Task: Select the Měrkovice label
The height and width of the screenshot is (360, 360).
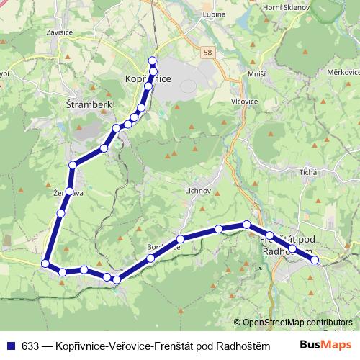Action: pos(343,73)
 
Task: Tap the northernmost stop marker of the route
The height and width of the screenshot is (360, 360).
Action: pos(152,60)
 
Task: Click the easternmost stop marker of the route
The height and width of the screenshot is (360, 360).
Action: pos(315,260)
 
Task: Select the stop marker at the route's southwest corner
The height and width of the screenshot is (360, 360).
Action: pos(45,264)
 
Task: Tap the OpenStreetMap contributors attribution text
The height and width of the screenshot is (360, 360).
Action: pos(297,323)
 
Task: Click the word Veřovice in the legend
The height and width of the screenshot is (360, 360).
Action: pos(128,344)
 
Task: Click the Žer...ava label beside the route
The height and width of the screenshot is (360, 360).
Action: pos(63,193)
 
